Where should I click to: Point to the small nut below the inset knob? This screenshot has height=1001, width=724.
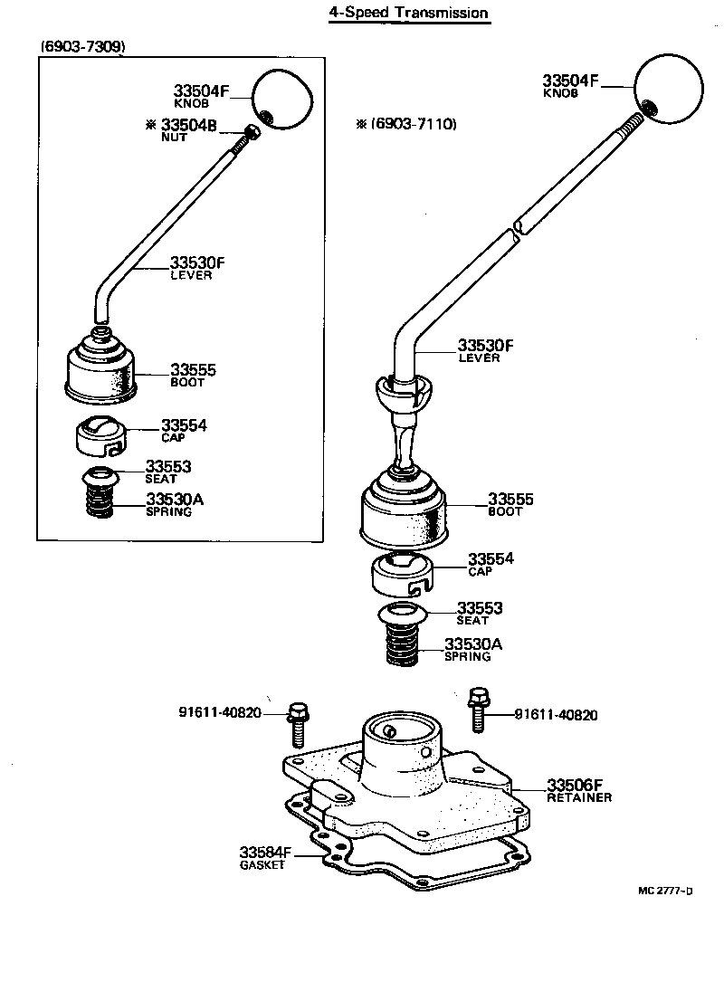(252, 133)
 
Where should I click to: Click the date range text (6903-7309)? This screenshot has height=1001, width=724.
(82, 45)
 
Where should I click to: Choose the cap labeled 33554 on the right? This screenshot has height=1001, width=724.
(402, 574)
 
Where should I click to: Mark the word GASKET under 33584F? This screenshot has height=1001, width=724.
(262, 864)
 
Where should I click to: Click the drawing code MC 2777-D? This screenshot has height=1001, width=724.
(665, 891)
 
